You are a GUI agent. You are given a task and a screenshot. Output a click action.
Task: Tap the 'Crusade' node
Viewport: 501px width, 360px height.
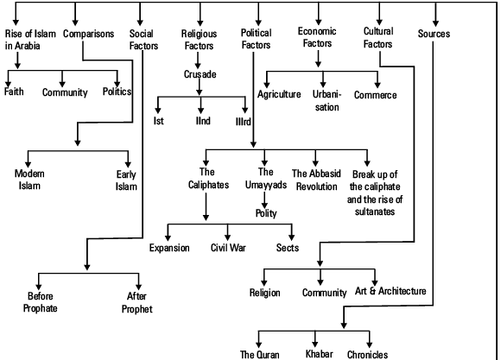200,75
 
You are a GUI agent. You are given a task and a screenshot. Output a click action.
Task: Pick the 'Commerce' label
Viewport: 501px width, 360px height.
376,95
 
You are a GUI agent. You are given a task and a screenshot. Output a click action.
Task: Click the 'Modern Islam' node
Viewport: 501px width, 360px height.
30,180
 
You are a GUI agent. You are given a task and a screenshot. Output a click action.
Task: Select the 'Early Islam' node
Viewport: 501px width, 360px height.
129,180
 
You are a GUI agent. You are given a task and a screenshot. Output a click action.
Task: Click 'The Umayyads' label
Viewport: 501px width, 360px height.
266,180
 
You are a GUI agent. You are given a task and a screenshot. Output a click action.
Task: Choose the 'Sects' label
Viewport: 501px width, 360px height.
288,247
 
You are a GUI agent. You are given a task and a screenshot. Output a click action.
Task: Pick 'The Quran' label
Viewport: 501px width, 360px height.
258,353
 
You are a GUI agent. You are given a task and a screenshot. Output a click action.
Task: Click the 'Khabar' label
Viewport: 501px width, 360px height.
319,353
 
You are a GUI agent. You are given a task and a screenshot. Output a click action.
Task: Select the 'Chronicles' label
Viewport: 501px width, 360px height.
369,353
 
